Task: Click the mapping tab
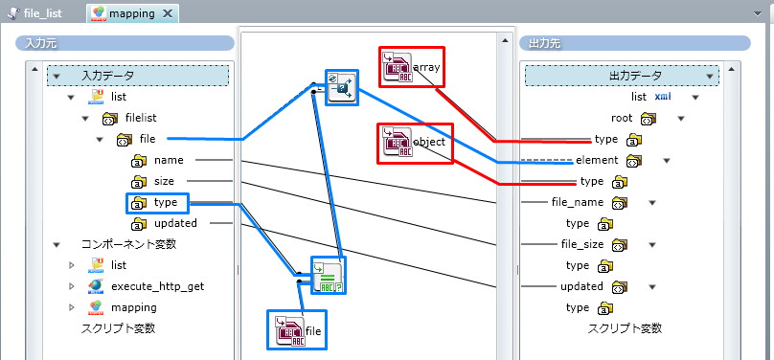click(130, 14)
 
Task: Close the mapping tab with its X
click(169, 14)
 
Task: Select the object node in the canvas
click(415, 143)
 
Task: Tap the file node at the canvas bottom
click(299, 330)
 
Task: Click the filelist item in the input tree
click(141, 118)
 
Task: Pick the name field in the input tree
click(168, 160)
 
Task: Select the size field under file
click(164, 181)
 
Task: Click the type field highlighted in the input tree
click(166, 202)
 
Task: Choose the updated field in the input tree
click(175, 223)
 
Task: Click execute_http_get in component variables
click(157, 286)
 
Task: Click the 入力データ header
click(108, 76)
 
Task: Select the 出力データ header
click(634, 76)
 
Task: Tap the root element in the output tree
click(623, 118)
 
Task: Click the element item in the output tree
click(598, 160)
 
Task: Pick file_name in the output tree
click(578, 202)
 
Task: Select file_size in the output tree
click(582, 244)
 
